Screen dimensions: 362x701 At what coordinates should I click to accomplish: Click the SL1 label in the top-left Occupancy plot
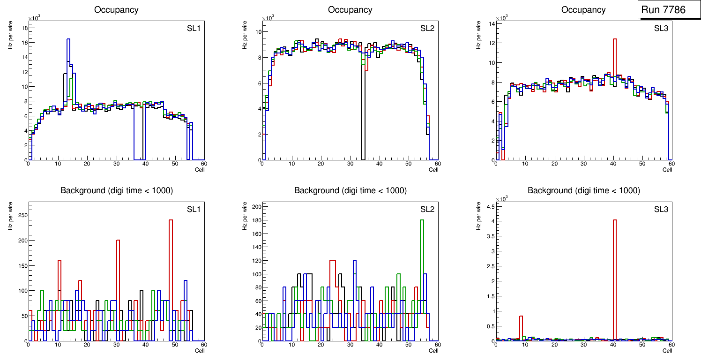point(194,29)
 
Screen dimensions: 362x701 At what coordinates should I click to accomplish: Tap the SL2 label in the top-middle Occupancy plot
point(427,29)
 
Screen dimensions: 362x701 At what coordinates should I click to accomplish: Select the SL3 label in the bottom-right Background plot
point(661,209)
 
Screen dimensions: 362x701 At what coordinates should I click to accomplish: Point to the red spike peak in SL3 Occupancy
point(614,39)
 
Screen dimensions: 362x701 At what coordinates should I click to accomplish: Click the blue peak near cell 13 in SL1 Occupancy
point(68,39)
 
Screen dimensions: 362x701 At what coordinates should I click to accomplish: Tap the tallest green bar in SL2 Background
point(422,220)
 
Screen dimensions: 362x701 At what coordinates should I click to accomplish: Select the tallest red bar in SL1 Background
point(171,220)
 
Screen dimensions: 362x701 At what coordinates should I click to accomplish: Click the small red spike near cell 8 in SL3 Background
point(521,317)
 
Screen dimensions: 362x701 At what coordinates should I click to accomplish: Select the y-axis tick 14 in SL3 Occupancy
point(491,23)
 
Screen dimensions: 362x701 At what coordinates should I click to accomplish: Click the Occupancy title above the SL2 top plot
point(350,9)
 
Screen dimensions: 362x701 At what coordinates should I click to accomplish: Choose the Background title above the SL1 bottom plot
point(117,190)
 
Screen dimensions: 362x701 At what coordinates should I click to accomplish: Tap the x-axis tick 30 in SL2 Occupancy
point(349,164)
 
